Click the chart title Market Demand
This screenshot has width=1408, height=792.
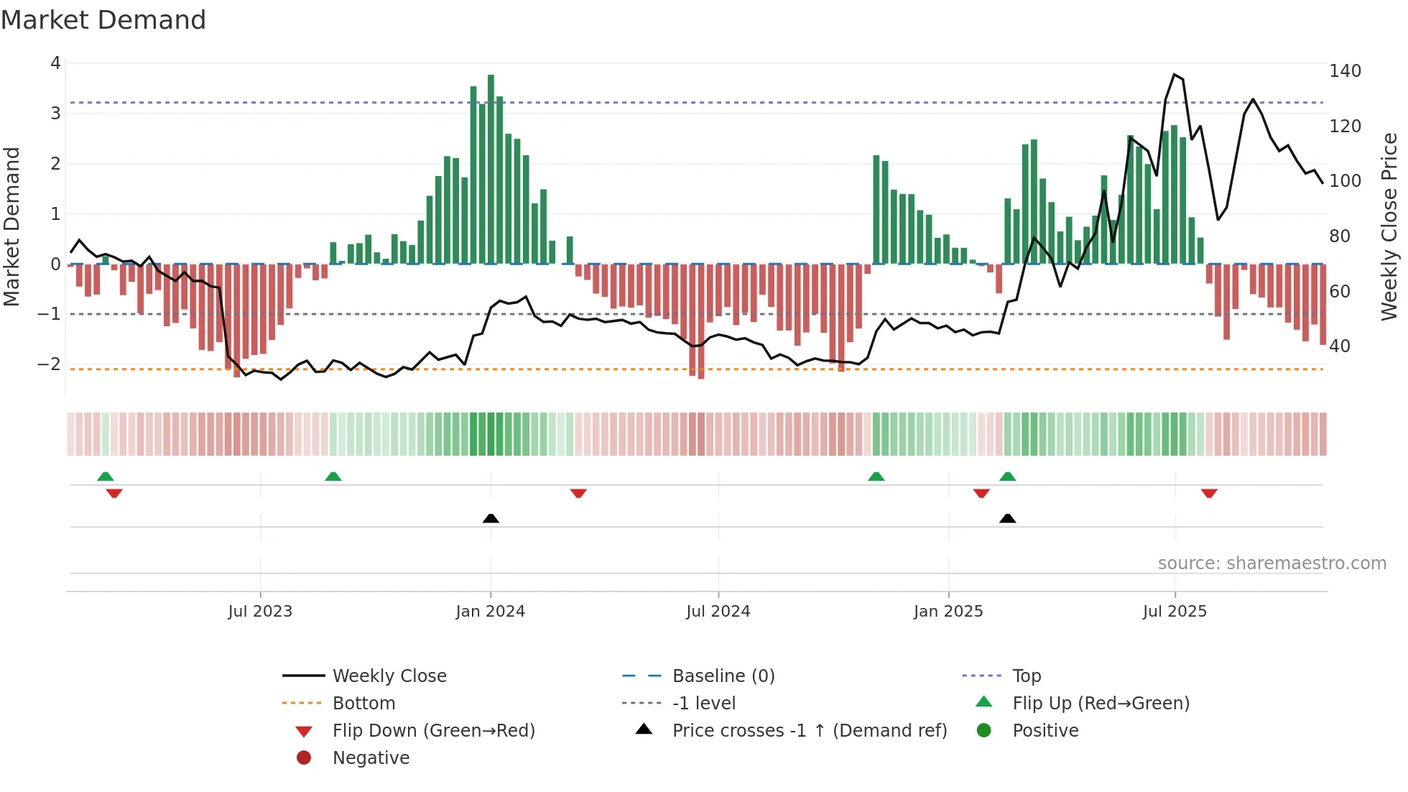tap(103, 20)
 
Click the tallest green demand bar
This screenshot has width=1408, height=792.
tap(491, 169)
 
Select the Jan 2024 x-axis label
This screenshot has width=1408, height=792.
tap(490, 612)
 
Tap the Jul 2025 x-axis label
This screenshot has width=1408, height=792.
tap(1175, 612)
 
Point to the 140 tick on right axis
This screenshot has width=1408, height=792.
tap(1345, 71)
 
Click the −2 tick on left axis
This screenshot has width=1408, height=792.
tap(49, 364)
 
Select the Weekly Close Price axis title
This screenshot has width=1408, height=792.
tap(1389, 226)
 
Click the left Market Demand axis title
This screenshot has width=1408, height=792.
tap(11, 226)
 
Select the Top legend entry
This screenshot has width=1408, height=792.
tap(1027, 676)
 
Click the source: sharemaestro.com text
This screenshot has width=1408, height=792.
tap(1272, 563)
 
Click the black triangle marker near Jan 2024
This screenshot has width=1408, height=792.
tap(491, 518)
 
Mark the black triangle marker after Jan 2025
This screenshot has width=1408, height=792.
tap(1007, 518)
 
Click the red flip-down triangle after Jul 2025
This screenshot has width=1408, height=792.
tap(1208, 493)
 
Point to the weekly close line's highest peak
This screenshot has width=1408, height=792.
tap(1175, 75)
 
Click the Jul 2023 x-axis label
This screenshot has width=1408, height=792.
tap(260, 612)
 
